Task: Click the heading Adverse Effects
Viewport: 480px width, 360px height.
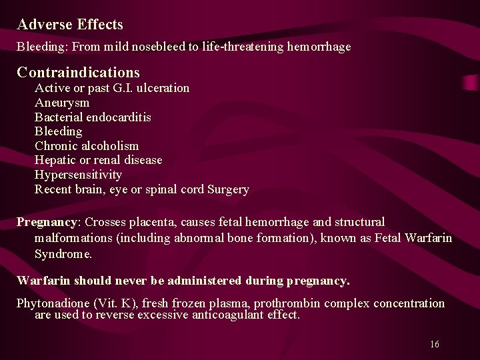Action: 70,25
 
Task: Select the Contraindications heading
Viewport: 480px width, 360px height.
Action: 78,72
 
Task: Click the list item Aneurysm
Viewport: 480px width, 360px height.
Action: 62,103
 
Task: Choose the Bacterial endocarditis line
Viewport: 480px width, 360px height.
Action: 93,117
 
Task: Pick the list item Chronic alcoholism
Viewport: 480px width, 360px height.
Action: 87,146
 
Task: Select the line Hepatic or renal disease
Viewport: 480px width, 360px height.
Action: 98,160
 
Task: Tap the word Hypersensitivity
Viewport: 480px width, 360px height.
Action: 78,175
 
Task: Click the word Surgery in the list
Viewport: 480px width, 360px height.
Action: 229,189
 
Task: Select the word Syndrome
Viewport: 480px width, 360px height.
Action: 63,254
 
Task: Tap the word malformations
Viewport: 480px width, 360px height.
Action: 70,238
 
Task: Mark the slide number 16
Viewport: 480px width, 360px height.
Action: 434,344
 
